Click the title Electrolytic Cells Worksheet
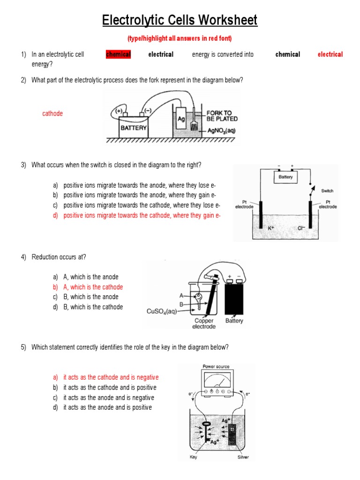pyautogui.click(x=180, y=21)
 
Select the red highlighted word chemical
pyautogui.click(x=118, y=54)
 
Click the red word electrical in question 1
pyautogui.click(x=330, y=54)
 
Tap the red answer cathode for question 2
pyautogui.click(x=52, y=113)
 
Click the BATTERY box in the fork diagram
pyautogui.click(x=134, y=127)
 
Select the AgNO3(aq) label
pyautogui.click(x=222, y=131)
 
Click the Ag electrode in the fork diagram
pyautogui.click(x=181, y=120)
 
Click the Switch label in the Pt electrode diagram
pyautogui.click(x=327, y=191)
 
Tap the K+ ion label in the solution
pyautogui.click(x=271, y=228)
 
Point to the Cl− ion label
pyautogui.click(x=301, y=228)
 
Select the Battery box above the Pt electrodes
pyautogui.click(x=285, y=177)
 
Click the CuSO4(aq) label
pyautogui.click(x=162, y=311)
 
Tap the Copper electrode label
pyautogui.click(x=204, y=324)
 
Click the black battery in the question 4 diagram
pyautogui.click(x=234, y=299)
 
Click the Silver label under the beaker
pyautogui.click(x=243, y=457)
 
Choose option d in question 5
pyautogui.click(x=107, y=408)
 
